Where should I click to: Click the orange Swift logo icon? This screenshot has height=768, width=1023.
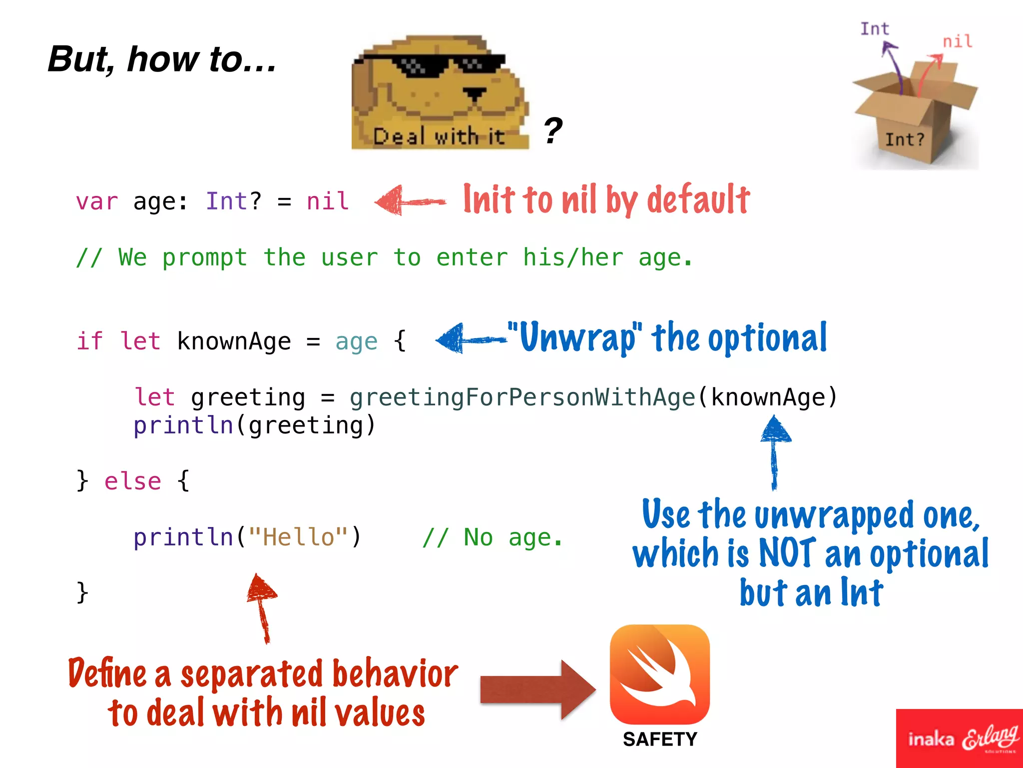(x=659, y=674)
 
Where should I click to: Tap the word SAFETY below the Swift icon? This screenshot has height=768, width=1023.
(x=660, y=739)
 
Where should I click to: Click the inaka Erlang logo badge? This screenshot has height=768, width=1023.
(x=960, y=738)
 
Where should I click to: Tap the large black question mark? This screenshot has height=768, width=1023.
(x=553, y=130)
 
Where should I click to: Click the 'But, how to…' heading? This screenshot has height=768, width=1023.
(x=162, y=59)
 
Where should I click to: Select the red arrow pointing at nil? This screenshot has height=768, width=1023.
(x=410, y=201)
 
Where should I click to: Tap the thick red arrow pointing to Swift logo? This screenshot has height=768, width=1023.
(x=537, y=689)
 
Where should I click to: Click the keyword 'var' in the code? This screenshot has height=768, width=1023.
(x=97, y=201)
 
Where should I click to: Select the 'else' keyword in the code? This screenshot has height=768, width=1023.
(x=133, y=481)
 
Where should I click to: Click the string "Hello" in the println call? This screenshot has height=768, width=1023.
(x=298, y=537)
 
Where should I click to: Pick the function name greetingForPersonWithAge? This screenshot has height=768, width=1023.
(x=522, y=398)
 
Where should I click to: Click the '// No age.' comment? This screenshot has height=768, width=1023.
(x=492, y=537)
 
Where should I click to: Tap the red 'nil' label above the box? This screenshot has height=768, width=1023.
(x=957, y=41)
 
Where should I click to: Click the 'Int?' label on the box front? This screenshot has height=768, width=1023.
(x=904, y=139)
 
